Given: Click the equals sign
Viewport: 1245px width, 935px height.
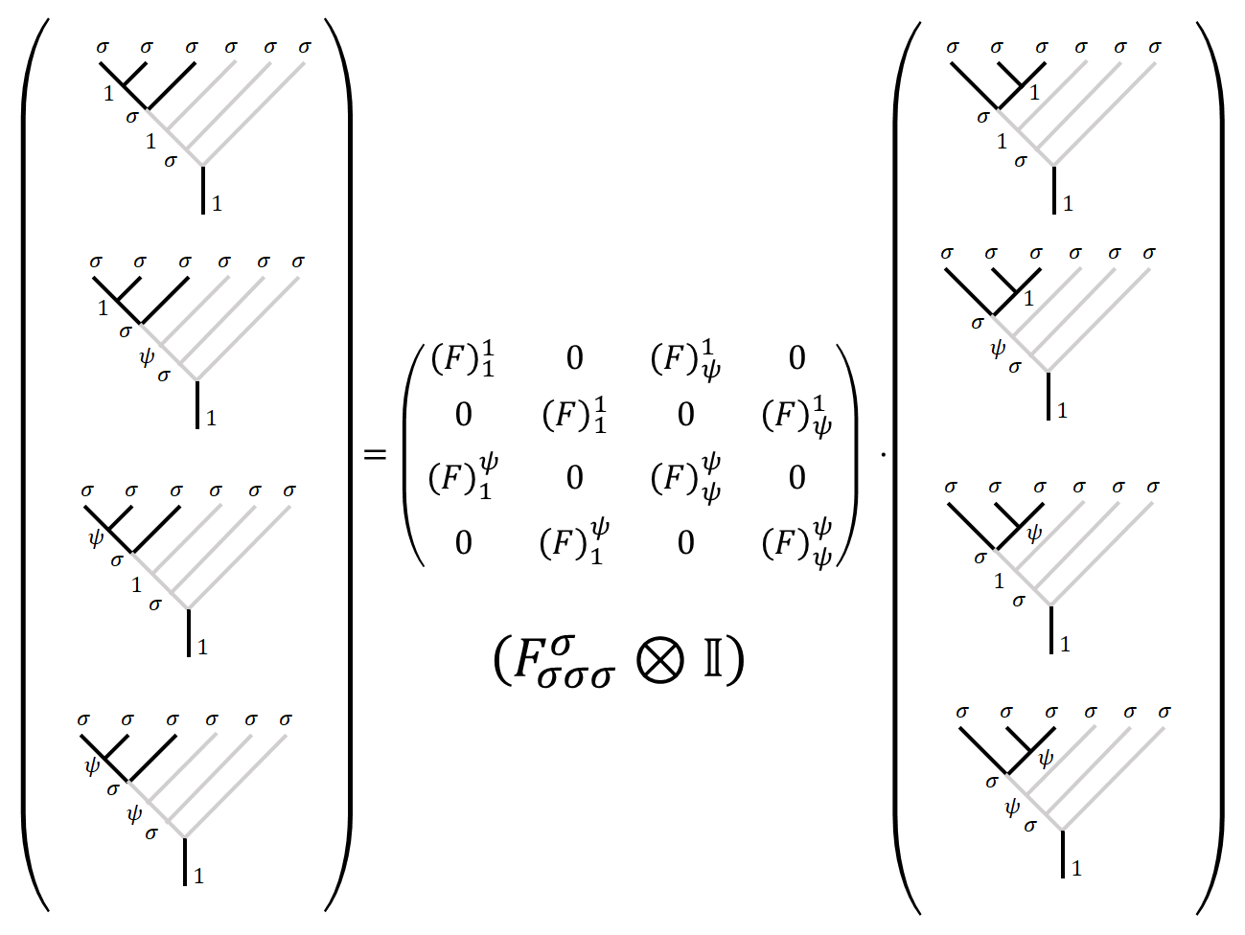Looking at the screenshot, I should click(376, 454).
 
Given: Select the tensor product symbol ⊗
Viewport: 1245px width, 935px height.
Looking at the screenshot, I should click(660, 660).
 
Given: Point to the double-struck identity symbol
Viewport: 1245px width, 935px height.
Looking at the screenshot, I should click(714, 660).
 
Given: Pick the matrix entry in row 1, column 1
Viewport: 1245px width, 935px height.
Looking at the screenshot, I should click(464, 359).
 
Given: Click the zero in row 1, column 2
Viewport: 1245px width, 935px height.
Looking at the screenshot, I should click(575, 358).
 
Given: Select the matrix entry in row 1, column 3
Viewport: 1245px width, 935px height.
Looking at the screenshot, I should click(686, 359).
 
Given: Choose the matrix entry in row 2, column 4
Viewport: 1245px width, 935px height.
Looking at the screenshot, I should click(797, 415).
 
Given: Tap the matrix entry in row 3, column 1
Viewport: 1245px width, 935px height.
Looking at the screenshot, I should click(464, 477).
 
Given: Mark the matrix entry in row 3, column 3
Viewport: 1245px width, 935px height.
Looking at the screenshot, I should click(686, 477).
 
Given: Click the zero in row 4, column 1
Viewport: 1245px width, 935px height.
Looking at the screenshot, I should click(464, 543).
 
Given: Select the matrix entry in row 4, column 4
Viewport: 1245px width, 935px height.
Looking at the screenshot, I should click(797, 543).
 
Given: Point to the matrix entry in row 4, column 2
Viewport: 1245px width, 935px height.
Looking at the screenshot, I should click(575, 543).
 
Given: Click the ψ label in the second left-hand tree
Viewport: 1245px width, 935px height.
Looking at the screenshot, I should click(146, 358).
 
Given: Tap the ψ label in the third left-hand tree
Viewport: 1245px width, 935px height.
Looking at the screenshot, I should click(95, 537).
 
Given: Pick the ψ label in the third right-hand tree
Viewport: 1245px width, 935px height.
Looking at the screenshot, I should click(1033, 533).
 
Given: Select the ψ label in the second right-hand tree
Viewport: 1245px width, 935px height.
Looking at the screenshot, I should click(997, 350).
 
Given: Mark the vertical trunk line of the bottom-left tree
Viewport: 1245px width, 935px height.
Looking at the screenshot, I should click(185, 861).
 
